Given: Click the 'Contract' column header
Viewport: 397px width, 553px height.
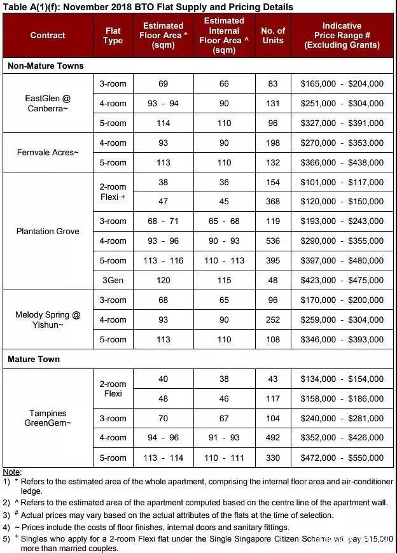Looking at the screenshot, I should (48, 35).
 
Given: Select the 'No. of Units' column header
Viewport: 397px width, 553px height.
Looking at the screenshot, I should (273, 35).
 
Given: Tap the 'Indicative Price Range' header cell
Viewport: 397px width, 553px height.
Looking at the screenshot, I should (342, 35).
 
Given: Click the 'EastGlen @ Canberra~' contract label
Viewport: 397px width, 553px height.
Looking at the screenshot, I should (48, 103).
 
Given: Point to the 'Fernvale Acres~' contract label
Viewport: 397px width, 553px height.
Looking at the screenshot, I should (48, 152).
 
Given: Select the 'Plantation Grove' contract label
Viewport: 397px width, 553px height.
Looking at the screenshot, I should (48, 231).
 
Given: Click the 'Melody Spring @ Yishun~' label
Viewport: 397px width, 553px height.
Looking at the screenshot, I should (48, 319).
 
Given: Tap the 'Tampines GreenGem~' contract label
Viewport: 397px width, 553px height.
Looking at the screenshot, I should (48, 418).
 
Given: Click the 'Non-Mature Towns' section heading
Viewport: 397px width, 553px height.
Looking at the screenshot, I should (46, 66).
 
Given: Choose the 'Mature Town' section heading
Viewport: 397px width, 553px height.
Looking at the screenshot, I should (34, 360).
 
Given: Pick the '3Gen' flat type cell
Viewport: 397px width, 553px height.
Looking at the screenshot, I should (113, 280).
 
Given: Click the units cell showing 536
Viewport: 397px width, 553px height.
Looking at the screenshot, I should (273, 241).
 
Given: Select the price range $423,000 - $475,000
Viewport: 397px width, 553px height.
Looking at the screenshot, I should (342, 280).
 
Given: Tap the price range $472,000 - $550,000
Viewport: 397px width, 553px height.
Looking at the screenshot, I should (342, 458).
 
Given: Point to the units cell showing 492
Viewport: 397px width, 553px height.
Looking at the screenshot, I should (273, 438).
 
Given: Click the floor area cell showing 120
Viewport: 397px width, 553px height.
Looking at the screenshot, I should (163, 280).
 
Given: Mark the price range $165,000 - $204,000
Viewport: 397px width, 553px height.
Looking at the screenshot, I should (342, 83).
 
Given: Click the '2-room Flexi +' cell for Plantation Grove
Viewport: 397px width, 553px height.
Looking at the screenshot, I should (113, 192).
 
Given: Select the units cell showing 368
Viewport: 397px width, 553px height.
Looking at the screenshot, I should (273, 202).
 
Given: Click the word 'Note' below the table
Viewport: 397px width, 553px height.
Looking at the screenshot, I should (11, 472).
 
